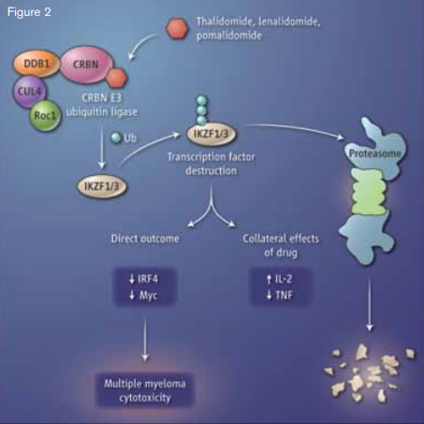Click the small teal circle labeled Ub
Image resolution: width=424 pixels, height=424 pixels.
[116, 139]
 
